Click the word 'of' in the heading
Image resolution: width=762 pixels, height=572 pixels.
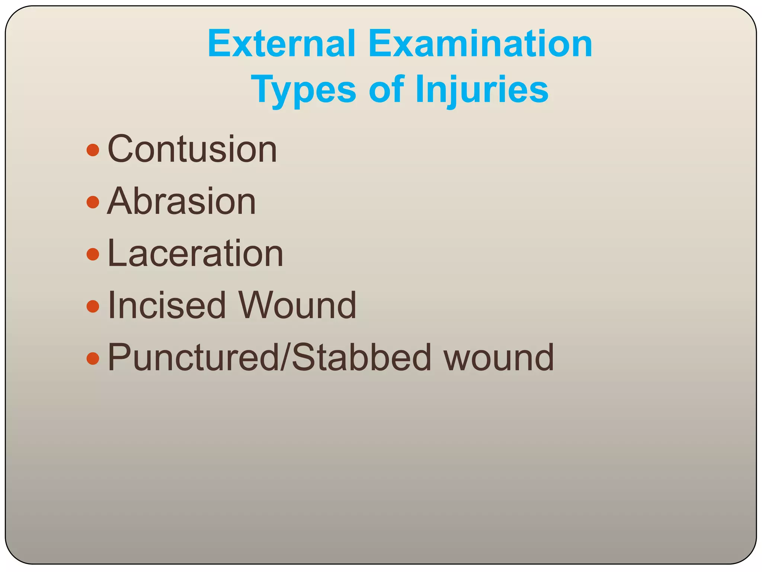point(386,89)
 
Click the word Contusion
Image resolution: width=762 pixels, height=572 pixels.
point(192,149)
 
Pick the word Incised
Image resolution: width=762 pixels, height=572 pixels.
point(167,305)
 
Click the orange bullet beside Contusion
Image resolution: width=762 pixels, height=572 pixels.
point(93,150)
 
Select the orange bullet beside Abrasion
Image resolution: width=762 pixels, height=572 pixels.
point(93,203)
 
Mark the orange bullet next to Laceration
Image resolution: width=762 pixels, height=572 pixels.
point(93,255)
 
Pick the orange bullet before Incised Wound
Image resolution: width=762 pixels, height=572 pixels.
point(93,307)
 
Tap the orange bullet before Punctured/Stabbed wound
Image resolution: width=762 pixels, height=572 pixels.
point(93,359)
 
